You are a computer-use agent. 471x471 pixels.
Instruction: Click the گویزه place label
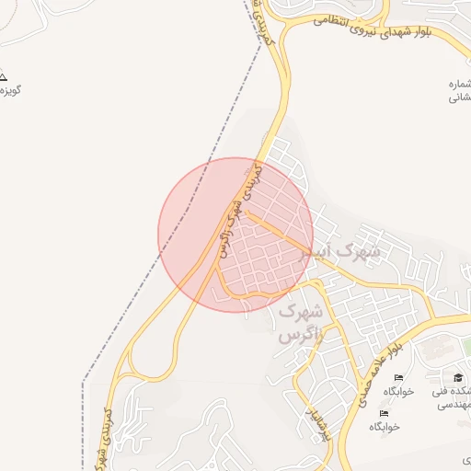[x=11, y=90]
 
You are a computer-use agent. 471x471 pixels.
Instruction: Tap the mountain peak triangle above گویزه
[x=3, y=76]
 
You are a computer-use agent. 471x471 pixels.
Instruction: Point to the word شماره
[x=460, y=84]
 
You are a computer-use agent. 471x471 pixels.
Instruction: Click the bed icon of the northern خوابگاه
[x=398, y=378]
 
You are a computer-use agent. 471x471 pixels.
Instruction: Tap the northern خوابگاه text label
[x=398, y=391]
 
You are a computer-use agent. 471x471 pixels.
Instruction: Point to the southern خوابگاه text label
[x=384, y=427]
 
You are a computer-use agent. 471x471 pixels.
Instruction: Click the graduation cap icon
[x=457, y=378]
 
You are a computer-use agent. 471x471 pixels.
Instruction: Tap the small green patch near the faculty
[x=466, y=345]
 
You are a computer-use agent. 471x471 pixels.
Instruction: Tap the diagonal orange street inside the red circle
[x=281, y=235]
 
